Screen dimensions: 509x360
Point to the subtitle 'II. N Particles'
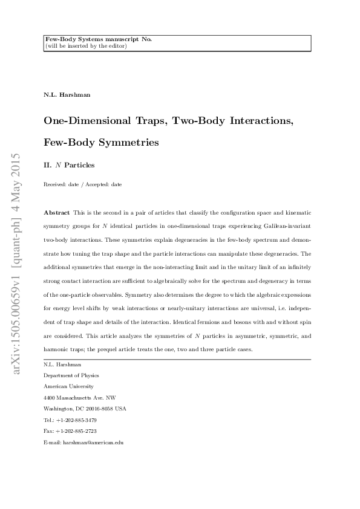pyautogui.click(x=69, y=164)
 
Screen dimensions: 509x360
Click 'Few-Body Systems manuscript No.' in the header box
pyautogui.click(x=98, y=39)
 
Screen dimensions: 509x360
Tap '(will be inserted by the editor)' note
pyautogui.click(x=85, y=46)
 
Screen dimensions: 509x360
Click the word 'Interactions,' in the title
pyautogui.click(x=260, y=120)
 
